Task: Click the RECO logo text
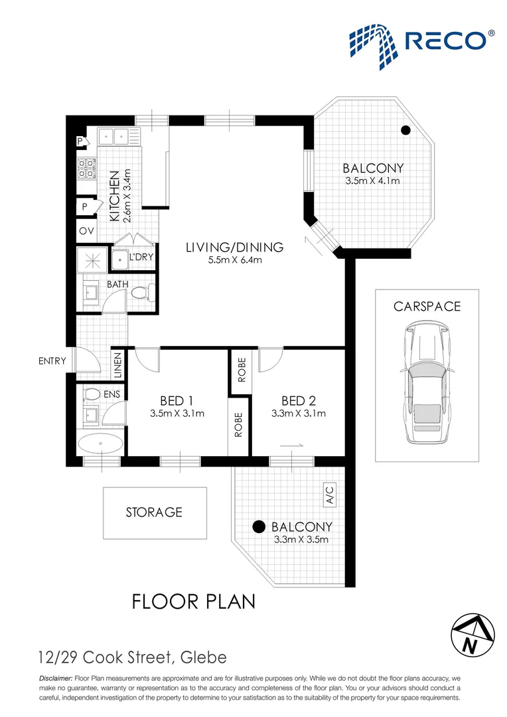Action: click(x=451, y=40)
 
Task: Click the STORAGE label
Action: click(x=154, y=513)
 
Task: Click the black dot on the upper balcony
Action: click(x=405, y=130)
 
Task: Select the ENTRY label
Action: click(x=52, y=361)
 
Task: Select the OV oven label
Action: click(x=86, y=232)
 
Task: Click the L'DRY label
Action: click(x=141, y=256)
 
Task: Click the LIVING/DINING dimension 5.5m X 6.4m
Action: click(x=234, y=260)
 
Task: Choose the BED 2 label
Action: click(x=298, y=400)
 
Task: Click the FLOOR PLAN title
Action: click(x=194, y=601)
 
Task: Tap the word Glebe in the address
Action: click(x=203, y=658)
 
